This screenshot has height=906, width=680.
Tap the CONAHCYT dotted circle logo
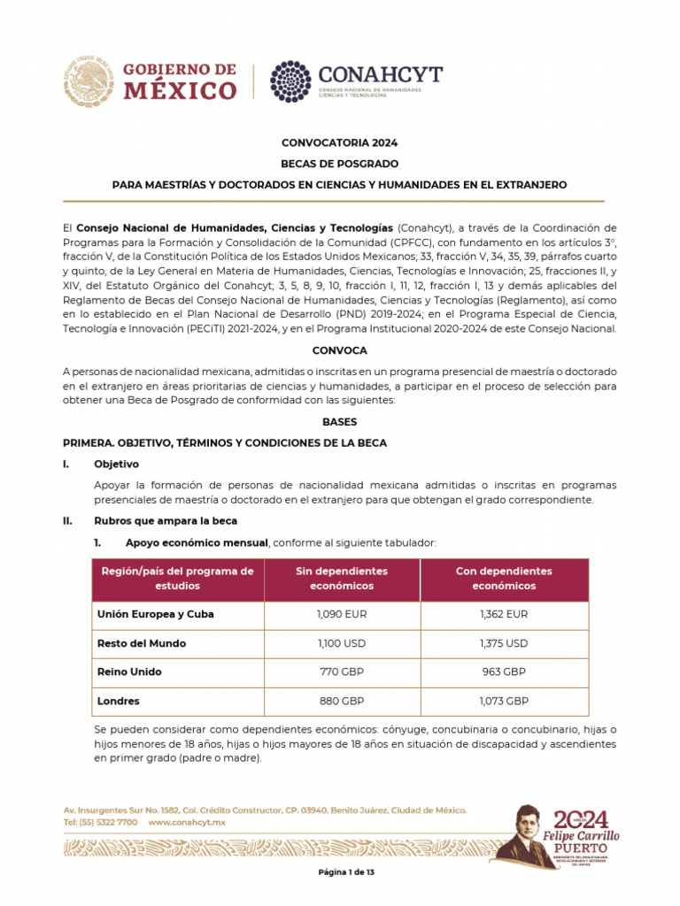(x=290, y=81)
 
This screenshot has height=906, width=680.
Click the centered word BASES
(x=339, y=423)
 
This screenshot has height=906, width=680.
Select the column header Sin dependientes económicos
(x=341, y=579)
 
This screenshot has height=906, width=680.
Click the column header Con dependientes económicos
(x=504, y=579)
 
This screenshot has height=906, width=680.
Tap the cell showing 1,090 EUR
(x=341, y=614)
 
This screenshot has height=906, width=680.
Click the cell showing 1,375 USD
(x=504, y=643)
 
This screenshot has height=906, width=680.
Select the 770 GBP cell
(x=341, y=672)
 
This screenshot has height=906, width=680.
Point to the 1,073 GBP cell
(x=504, y=701)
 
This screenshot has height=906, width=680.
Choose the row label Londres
(x=118, y=701)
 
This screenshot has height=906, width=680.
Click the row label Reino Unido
(x=129, y=672)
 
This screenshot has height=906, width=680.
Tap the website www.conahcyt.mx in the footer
(x=187, y=822)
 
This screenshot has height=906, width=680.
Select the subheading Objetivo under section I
(x=116, y=465)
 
